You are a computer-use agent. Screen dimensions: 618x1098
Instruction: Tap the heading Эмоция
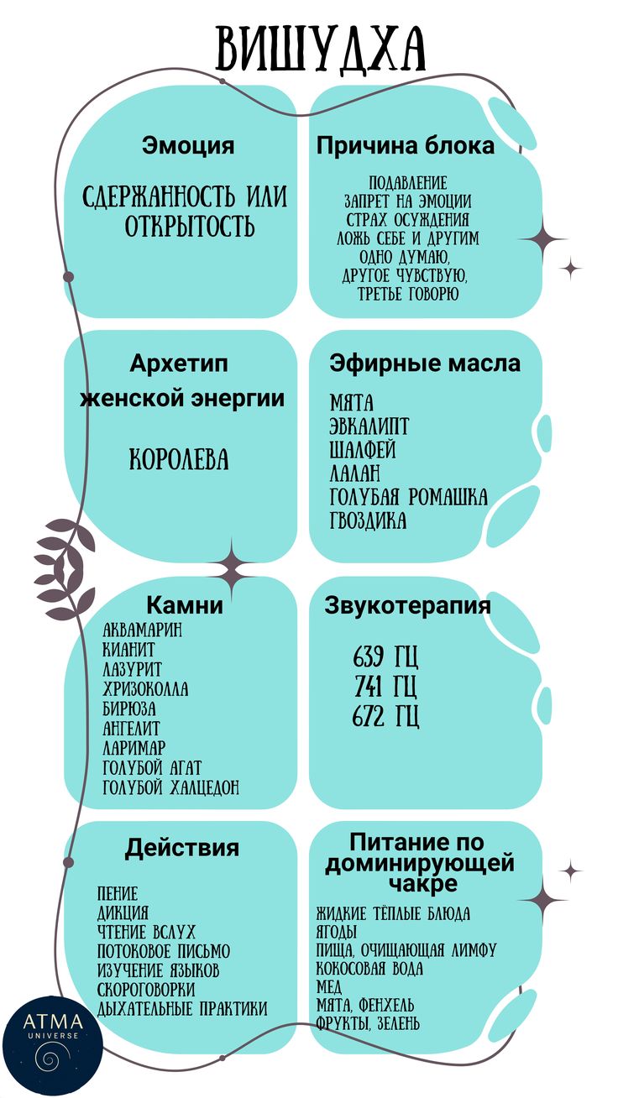click(188, 145)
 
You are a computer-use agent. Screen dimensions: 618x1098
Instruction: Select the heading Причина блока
click(406, 145)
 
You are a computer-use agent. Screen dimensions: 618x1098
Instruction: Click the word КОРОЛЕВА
click(179, 460)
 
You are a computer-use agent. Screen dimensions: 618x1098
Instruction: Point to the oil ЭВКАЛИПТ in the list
click(369, 426)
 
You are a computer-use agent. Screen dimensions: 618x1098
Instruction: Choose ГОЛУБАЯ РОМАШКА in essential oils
click(409, 497)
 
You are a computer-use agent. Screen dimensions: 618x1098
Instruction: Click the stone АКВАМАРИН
click(142, 630)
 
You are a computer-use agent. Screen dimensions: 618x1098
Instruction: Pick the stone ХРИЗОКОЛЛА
click(145, 688)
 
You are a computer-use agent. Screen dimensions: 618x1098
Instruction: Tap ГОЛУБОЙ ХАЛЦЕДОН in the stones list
click(170, 787)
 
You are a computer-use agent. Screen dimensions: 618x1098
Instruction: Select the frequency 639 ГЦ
click(385, 656)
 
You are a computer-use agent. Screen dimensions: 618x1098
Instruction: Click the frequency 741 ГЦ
click(385, 687)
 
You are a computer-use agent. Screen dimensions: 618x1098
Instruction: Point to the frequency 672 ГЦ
click(385, 716)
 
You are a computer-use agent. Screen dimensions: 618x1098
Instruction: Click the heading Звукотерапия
click(407, 605)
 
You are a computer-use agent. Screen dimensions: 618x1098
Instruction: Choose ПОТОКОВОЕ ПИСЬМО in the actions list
click(164, 951)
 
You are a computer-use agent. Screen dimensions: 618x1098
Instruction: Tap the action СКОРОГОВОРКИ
click(145, 989)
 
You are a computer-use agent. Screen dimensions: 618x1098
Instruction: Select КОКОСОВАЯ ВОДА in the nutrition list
click(369, 969)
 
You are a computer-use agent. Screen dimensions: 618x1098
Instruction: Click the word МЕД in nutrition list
click(328, 986)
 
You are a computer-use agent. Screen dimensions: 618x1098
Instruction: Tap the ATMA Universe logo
click(53, 1046)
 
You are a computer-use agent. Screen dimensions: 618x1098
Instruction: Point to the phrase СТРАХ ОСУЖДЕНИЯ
click(407, 219)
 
